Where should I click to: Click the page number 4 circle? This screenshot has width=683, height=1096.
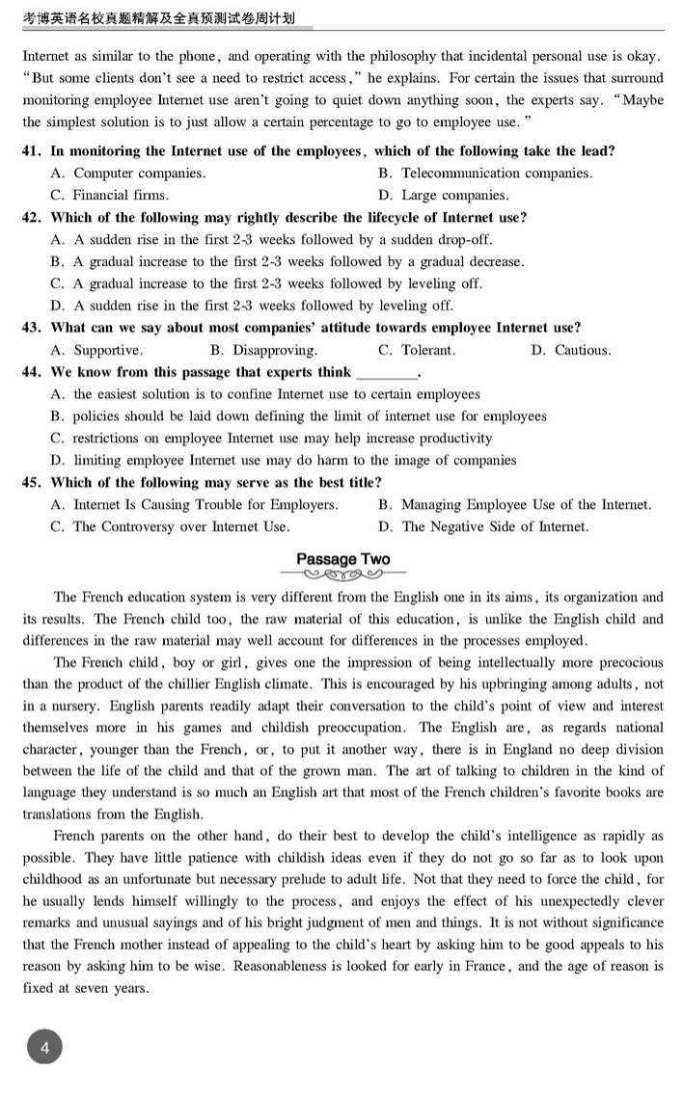44,1047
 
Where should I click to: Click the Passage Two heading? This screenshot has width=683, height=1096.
342,559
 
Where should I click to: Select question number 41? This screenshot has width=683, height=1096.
31,151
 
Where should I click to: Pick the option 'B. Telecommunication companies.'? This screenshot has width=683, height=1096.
485,174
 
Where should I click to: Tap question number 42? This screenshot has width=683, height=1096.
31,218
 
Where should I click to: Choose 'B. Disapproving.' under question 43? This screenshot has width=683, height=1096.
262,350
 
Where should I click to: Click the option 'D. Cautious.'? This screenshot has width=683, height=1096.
570,350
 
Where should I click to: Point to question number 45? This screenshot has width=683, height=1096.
31,482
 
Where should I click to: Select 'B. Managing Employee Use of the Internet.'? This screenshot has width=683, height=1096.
514,504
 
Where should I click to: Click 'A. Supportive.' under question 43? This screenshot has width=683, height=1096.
96,350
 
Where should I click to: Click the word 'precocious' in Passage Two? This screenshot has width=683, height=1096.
624,662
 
